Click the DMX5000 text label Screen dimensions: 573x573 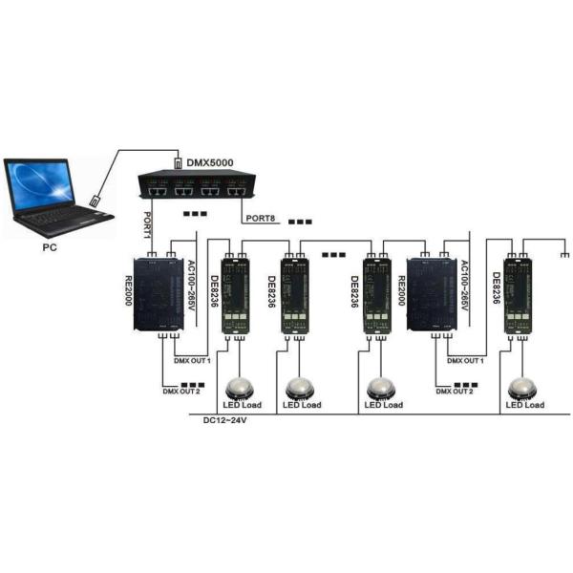209,163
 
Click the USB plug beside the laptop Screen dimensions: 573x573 95,201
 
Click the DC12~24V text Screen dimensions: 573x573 226,420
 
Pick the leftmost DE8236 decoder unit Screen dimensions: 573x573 234,293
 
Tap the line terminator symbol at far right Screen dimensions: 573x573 565,256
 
